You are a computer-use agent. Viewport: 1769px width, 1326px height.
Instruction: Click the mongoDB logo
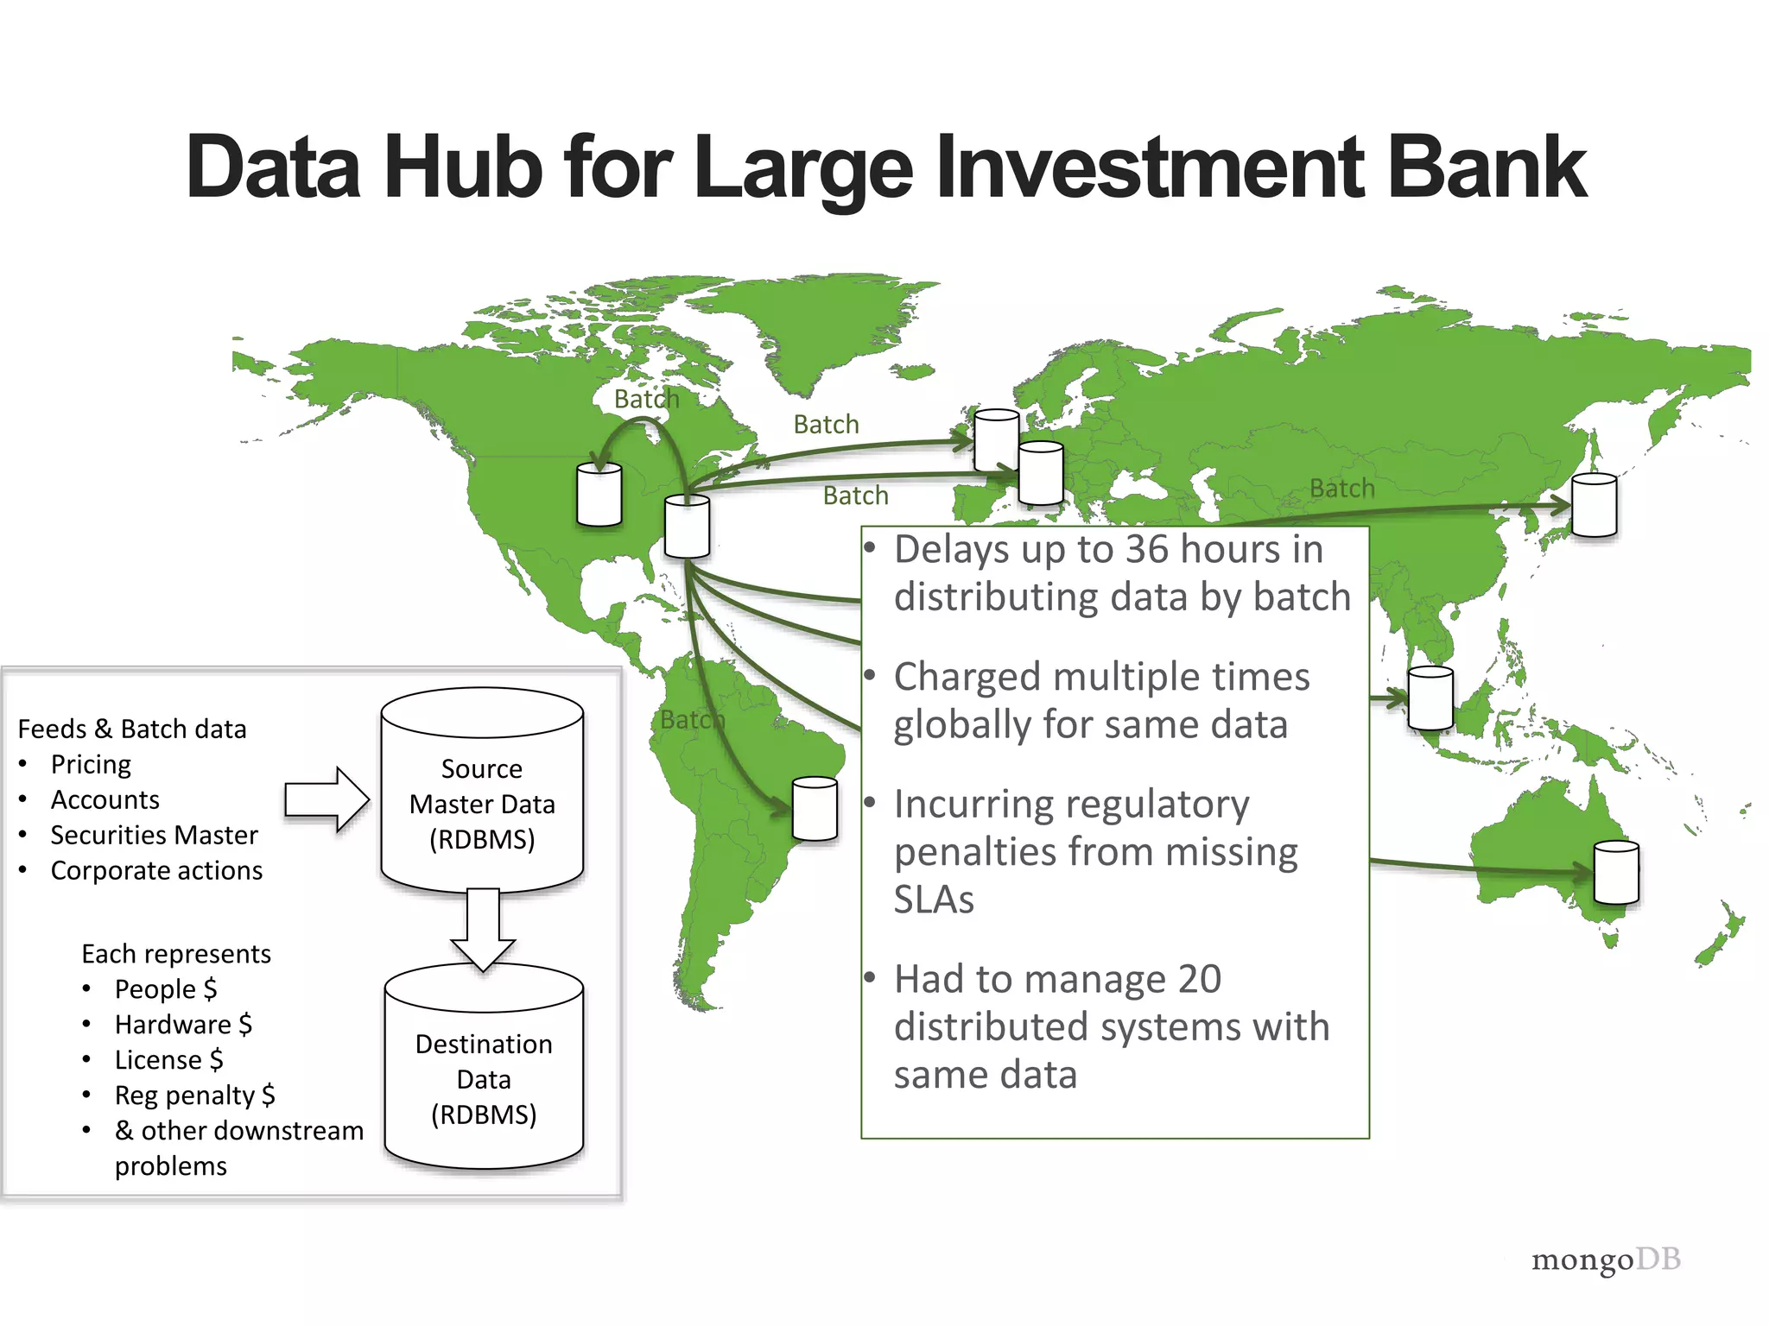(x=1605, y=1260)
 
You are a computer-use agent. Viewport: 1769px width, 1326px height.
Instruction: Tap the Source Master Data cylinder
(x=482, y=790)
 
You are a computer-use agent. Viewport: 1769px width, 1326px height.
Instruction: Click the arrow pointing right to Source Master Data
(x=327, y=799)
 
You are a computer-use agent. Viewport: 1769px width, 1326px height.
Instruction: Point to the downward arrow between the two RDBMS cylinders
(x=483, y=928)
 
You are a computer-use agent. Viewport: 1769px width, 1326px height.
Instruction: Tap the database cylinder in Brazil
(x=815, y=808)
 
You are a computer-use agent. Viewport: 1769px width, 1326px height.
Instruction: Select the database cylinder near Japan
(x=1594, y=505)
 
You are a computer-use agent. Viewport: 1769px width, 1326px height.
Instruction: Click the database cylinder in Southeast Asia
(x=1430, y=698)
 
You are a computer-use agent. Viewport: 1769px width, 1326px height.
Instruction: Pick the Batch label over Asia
(x=1341, y=489)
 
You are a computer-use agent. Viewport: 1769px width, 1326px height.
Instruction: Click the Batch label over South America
(x=692, y=719)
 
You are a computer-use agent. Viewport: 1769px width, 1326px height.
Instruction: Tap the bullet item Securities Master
(x=154, y=835)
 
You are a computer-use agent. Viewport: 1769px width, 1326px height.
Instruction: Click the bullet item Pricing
(x=91, y=764)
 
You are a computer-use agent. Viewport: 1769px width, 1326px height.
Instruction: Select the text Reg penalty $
(x=194, y=1095)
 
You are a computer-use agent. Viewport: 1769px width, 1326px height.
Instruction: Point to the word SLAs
(x=934, y=900)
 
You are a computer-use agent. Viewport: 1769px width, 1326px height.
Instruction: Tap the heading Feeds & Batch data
(x=132, y=729)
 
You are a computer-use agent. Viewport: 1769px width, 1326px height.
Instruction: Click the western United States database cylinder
(x=599, y=494)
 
